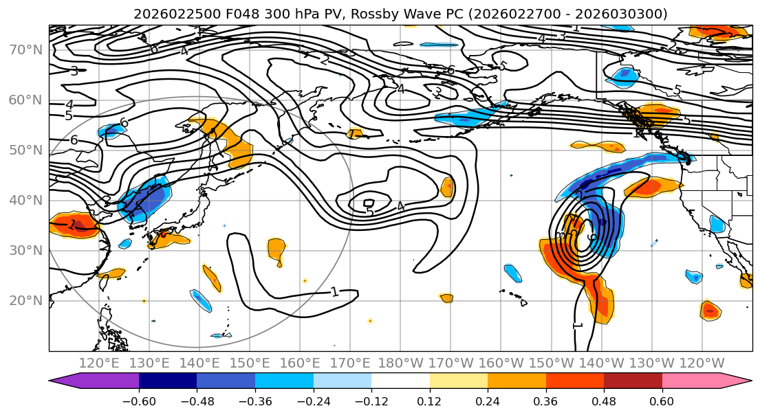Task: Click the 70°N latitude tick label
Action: (24, 49)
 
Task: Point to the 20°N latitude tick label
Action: (24, 300)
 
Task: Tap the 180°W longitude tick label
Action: (400, 362)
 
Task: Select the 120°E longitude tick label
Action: (99, 362)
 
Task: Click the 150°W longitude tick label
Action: (551, 362)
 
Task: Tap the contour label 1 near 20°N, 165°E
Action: (335, 292)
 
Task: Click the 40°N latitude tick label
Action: (24, 200)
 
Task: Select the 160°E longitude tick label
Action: (300, 362)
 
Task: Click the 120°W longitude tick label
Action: (702, 362)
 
